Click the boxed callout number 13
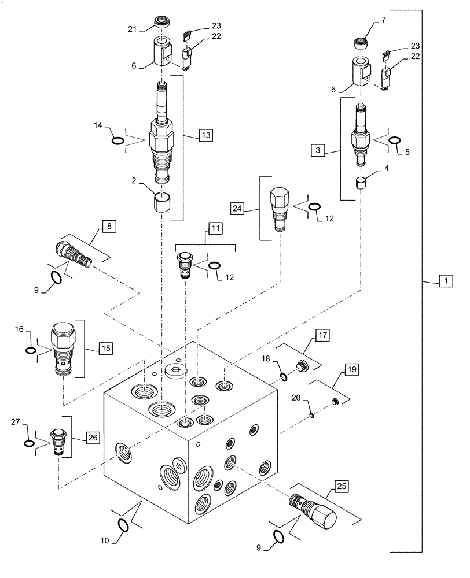point(205,135)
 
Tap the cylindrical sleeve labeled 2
point(162,203)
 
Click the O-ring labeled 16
point(29,350)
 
